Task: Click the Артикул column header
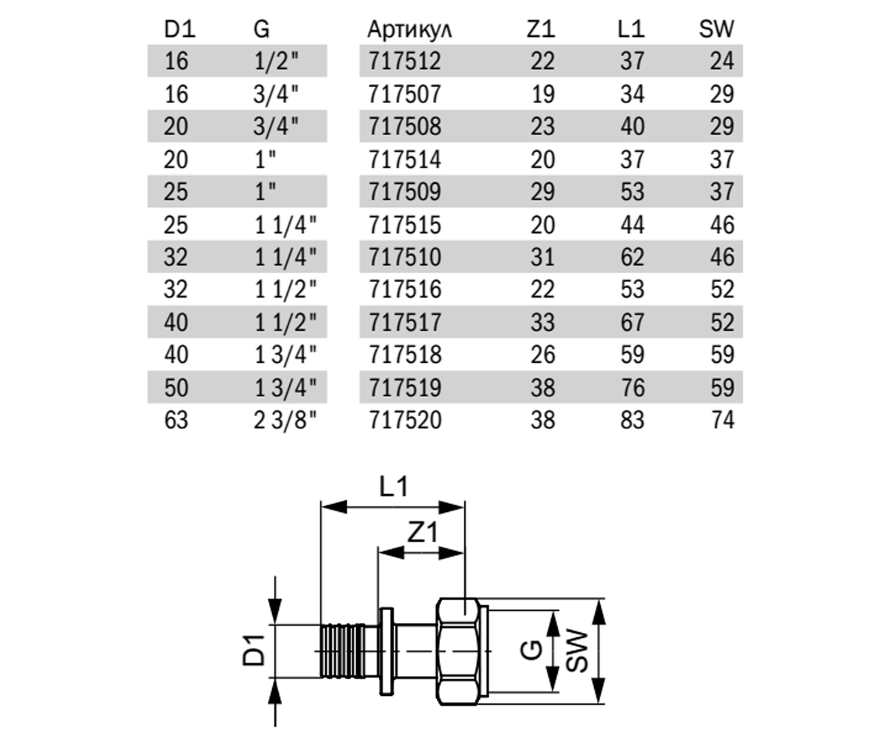point(409,30)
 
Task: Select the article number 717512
point(404,61)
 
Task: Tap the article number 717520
point(405,420)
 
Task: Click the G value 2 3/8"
point(285,420)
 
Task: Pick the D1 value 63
point(176,420)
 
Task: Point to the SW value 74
point(722,420)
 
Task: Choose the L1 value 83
point(632,420)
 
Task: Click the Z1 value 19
point(543,93)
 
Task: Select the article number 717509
point(404,191)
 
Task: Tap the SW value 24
point(722,61)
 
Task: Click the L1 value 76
point(632,387)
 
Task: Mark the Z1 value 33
point(543,322)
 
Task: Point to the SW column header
point(716,30)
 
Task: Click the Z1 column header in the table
point(541,30)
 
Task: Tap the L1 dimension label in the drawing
point(393,487)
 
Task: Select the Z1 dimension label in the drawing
point(423,533)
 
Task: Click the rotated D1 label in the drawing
point(253,650)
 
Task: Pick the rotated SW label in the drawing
point(577,651)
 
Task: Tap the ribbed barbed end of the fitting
point(343,651)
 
